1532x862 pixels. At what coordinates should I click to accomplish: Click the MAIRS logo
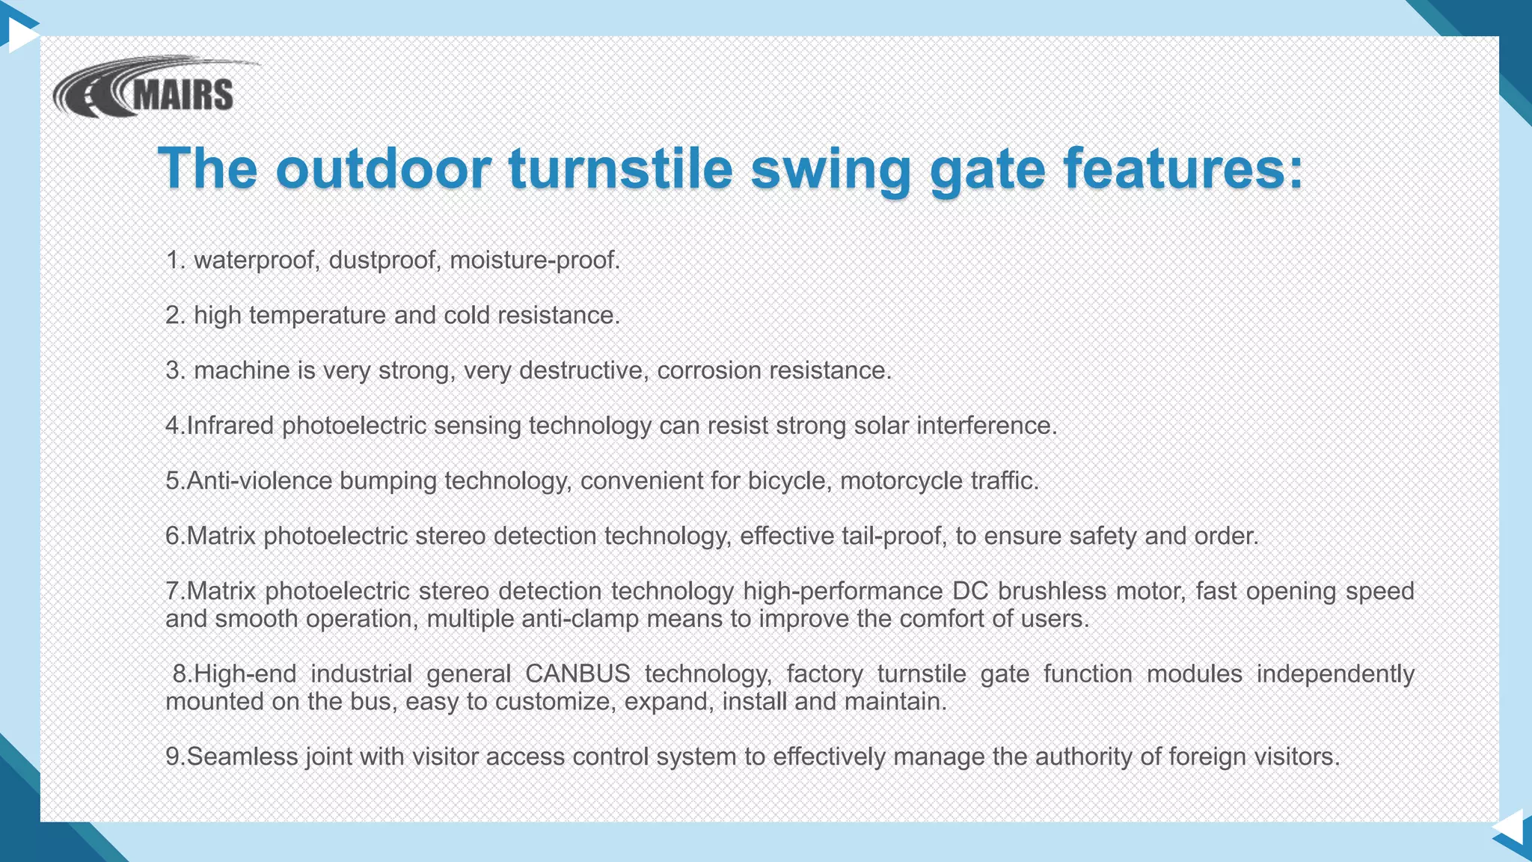pos(150,88)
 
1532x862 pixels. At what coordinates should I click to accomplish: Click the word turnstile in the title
pos(620,168)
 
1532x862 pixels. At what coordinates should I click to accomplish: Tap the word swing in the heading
pos(830,169)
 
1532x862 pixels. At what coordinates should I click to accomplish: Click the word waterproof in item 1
pos(257,260)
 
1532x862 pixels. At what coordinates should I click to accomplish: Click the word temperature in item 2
pos(317,316)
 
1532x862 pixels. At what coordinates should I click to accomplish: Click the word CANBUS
pos(577,674)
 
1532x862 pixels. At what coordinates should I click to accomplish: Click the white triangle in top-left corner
pos(21,34)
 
